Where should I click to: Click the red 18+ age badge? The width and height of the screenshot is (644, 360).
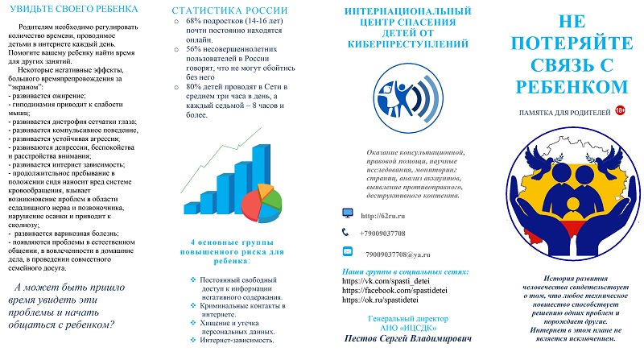coord(621,110)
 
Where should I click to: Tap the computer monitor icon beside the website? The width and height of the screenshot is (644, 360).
coord(347,213)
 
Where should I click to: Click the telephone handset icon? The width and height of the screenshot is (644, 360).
coord(346,232)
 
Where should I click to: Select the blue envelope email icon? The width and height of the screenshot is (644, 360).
coord(347,251)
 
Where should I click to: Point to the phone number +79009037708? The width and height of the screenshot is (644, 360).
coord(392,234)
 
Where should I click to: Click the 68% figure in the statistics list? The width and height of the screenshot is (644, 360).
coord(193,24)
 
